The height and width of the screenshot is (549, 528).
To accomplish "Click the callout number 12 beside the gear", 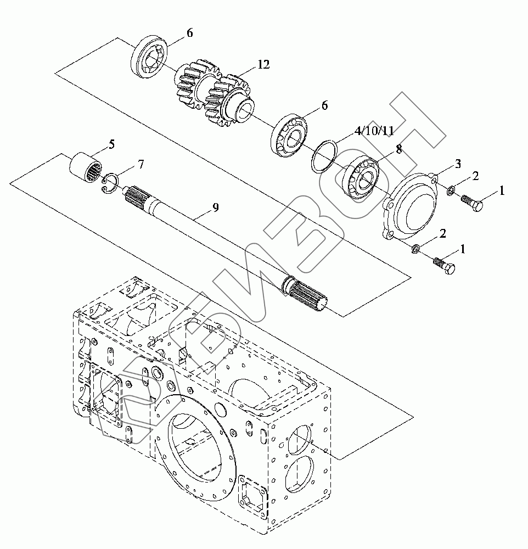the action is [x=263, y=64].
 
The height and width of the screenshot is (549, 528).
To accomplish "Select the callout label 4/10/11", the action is [x=374, y=131].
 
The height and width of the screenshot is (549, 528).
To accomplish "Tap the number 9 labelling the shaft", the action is [x=216, y=208].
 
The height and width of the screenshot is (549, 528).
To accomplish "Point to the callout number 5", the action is [x=111, y=144].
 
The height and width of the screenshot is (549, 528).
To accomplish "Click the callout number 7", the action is [x=141, y=164].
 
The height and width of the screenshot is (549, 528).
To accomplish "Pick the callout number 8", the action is [x=399, y=149].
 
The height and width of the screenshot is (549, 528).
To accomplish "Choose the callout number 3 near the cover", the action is [x=458, y=163].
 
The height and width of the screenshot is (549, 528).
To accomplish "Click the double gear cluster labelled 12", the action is [x=214, y=94].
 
